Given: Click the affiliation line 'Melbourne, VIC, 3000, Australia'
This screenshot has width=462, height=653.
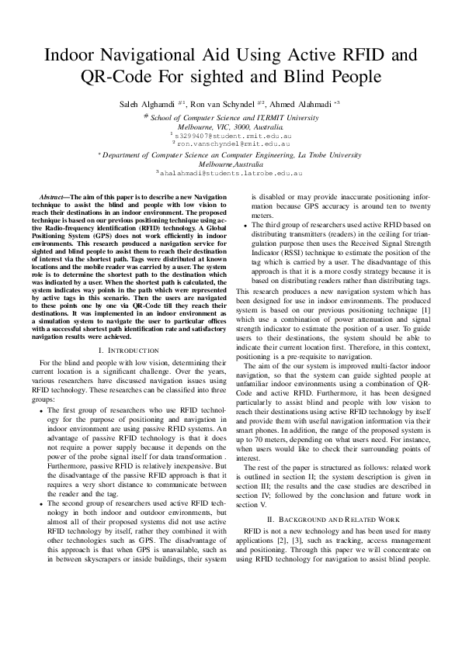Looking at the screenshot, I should pos(231,126).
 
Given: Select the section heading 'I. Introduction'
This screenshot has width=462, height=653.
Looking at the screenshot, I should pos(130,351).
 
